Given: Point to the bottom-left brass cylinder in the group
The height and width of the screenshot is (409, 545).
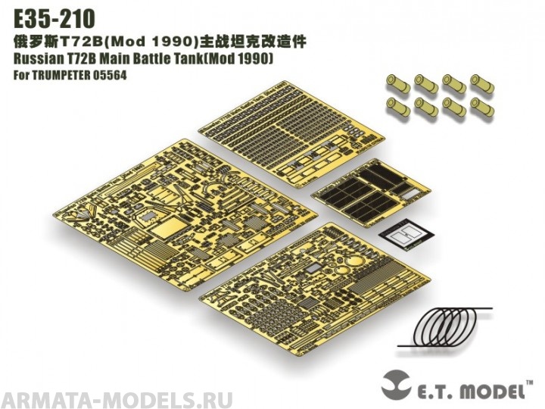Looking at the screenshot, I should coord(397,106).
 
